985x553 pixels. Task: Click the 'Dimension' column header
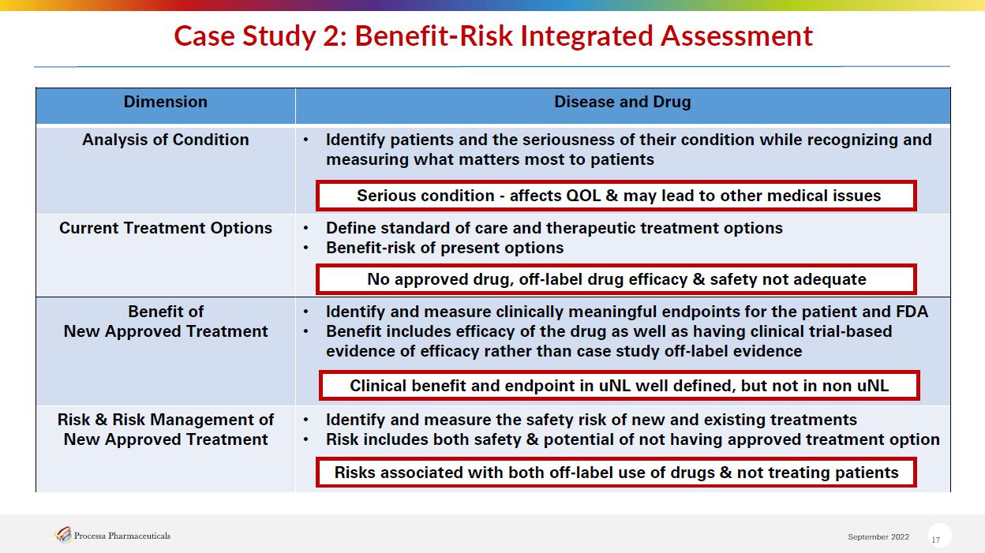point(165,102)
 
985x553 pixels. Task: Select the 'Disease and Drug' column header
point(622,102)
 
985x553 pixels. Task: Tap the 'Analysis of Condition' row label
point(165,140)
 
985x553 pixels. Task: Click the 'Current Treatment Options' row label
point(165,228)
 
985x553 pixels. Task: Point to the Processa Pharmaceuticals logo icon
point(63,535)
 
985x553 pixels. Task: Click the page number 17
point(935,540)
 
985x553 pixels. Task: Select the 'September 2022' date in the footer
point(878,536)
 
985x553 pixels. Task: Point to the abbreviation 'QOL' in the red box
point(583,196)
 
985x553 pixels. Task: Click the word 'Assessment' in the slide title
point(736,35)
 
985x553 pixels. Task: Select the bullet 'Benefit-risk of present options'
point(444,248)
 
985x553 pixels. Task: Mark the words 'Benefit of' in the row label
point(165,312)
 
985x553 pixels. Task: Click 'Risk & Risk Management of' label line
point(165,420)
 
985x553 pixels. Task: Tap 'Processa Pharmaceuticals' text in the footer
point(122,536)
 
